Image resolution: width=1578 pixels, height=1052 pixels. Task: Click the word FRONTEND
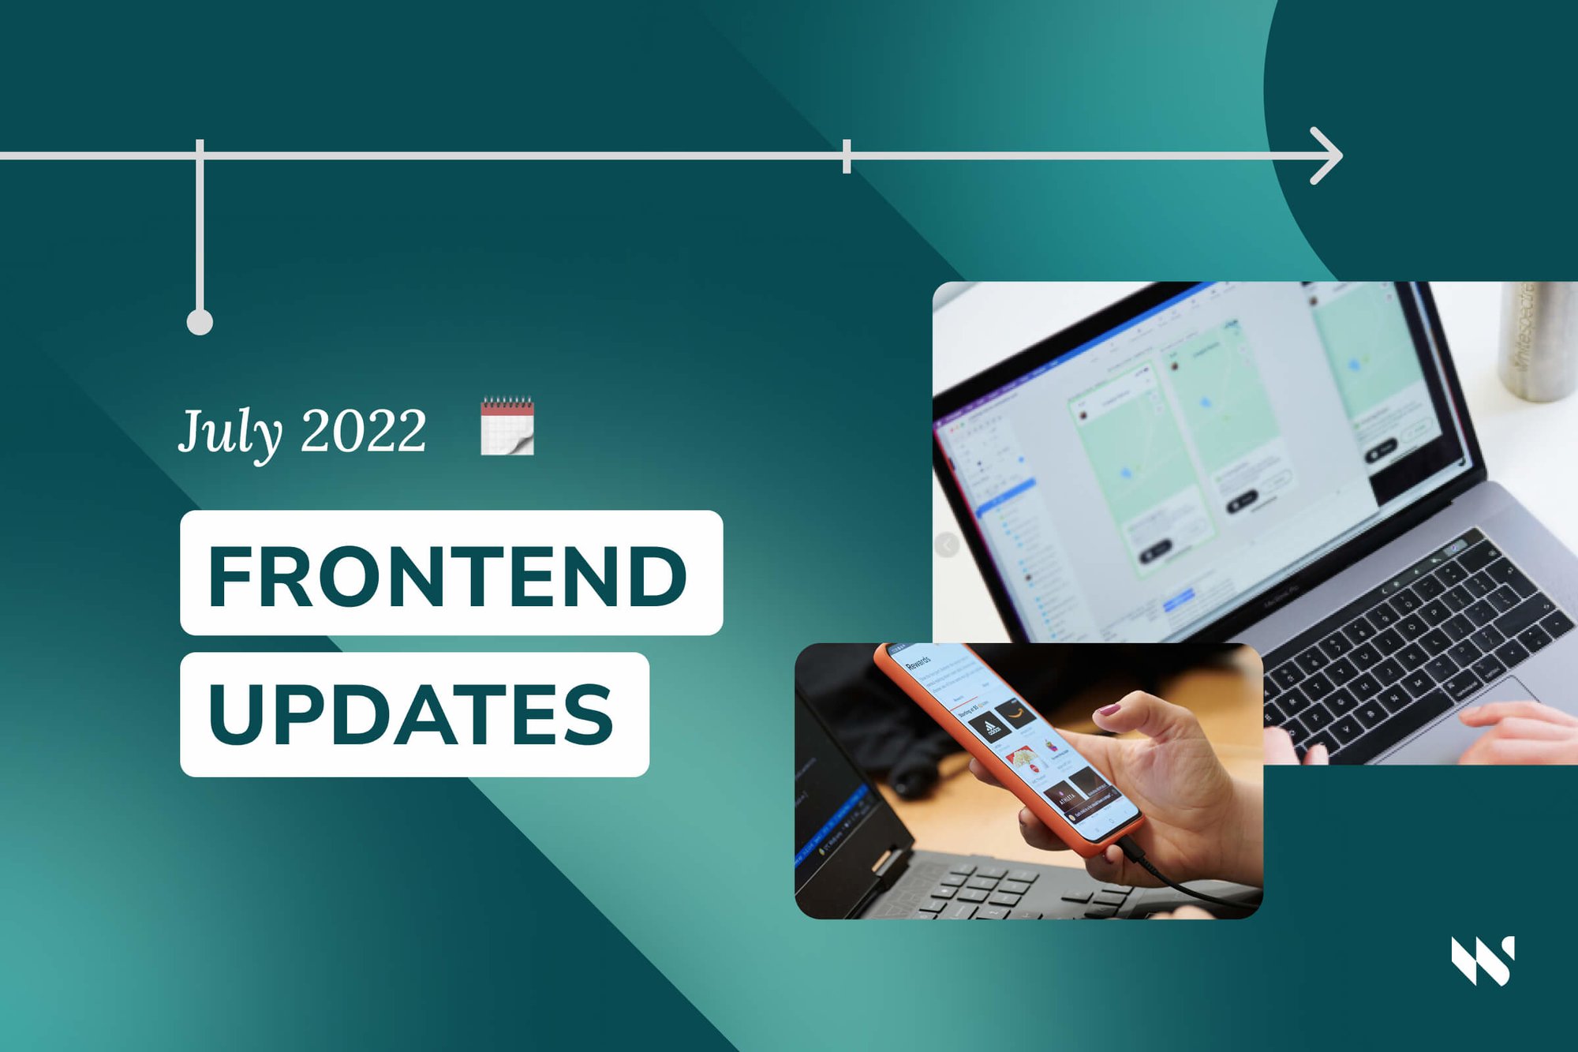tap(447, 576)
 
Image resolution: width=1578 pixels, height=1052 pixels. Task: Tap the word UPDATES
tap(411, 714)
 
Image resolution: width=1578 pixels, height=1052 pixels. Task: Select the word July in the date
tap(230, 432)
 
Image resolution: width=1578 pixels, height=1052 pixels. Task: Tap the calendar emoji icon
tap(507, 426)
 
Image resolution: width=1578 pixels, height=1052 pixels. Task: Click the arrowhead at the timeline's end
tap(1327, 155)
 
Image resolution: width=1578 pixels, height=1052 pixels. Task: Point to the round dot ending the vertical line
tap(200, 322)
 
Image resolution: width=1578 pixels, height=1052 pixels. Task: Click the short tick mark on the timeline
tap(846, 155)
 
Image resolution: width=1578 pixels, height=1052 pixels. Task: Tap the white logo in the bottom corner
tap(1483, 960)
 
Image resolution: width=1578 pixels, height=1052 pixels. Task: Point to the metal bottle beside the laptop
tap(1539, 339)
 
